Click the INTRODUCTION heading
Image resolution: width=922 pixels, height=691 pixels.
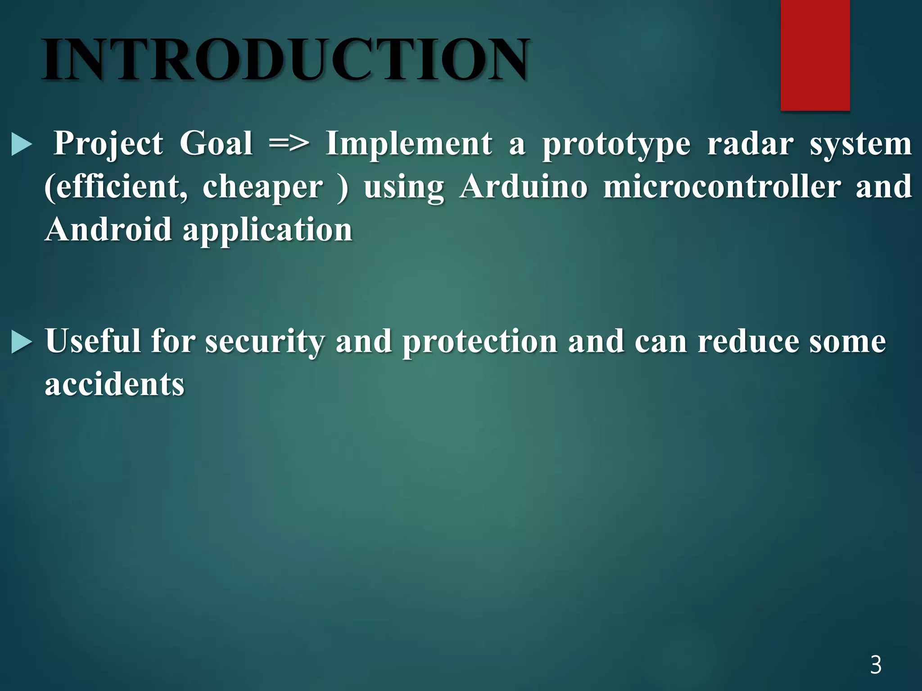coord(286,59)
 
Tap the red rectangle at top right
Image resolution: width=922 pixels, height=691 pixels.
coord(815,55)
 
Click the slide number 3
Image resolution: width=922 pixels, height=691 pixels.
coord(876,665)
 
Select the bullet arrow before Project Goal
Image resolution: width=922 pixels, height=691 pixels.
coord(22,145)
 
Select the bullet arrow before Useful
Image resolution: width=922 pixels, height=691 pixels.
coord(22,342)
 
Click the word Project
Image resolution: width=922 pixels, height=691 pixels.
coord(108,144)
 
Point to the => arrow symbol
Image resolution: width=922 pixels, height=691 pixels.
coord(289,144)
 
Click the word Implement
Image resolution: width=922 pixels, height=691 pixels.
coord(409,144)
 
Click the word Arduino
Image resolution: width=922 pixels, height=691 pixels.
coord(524,187)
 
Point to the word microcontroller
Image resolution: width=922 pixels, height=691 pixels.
coord(722,187)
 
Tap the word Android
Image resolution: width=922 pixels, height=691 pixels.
coord(108,229)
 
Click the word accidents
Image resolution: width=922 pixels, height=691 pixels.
coord(115,385)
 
